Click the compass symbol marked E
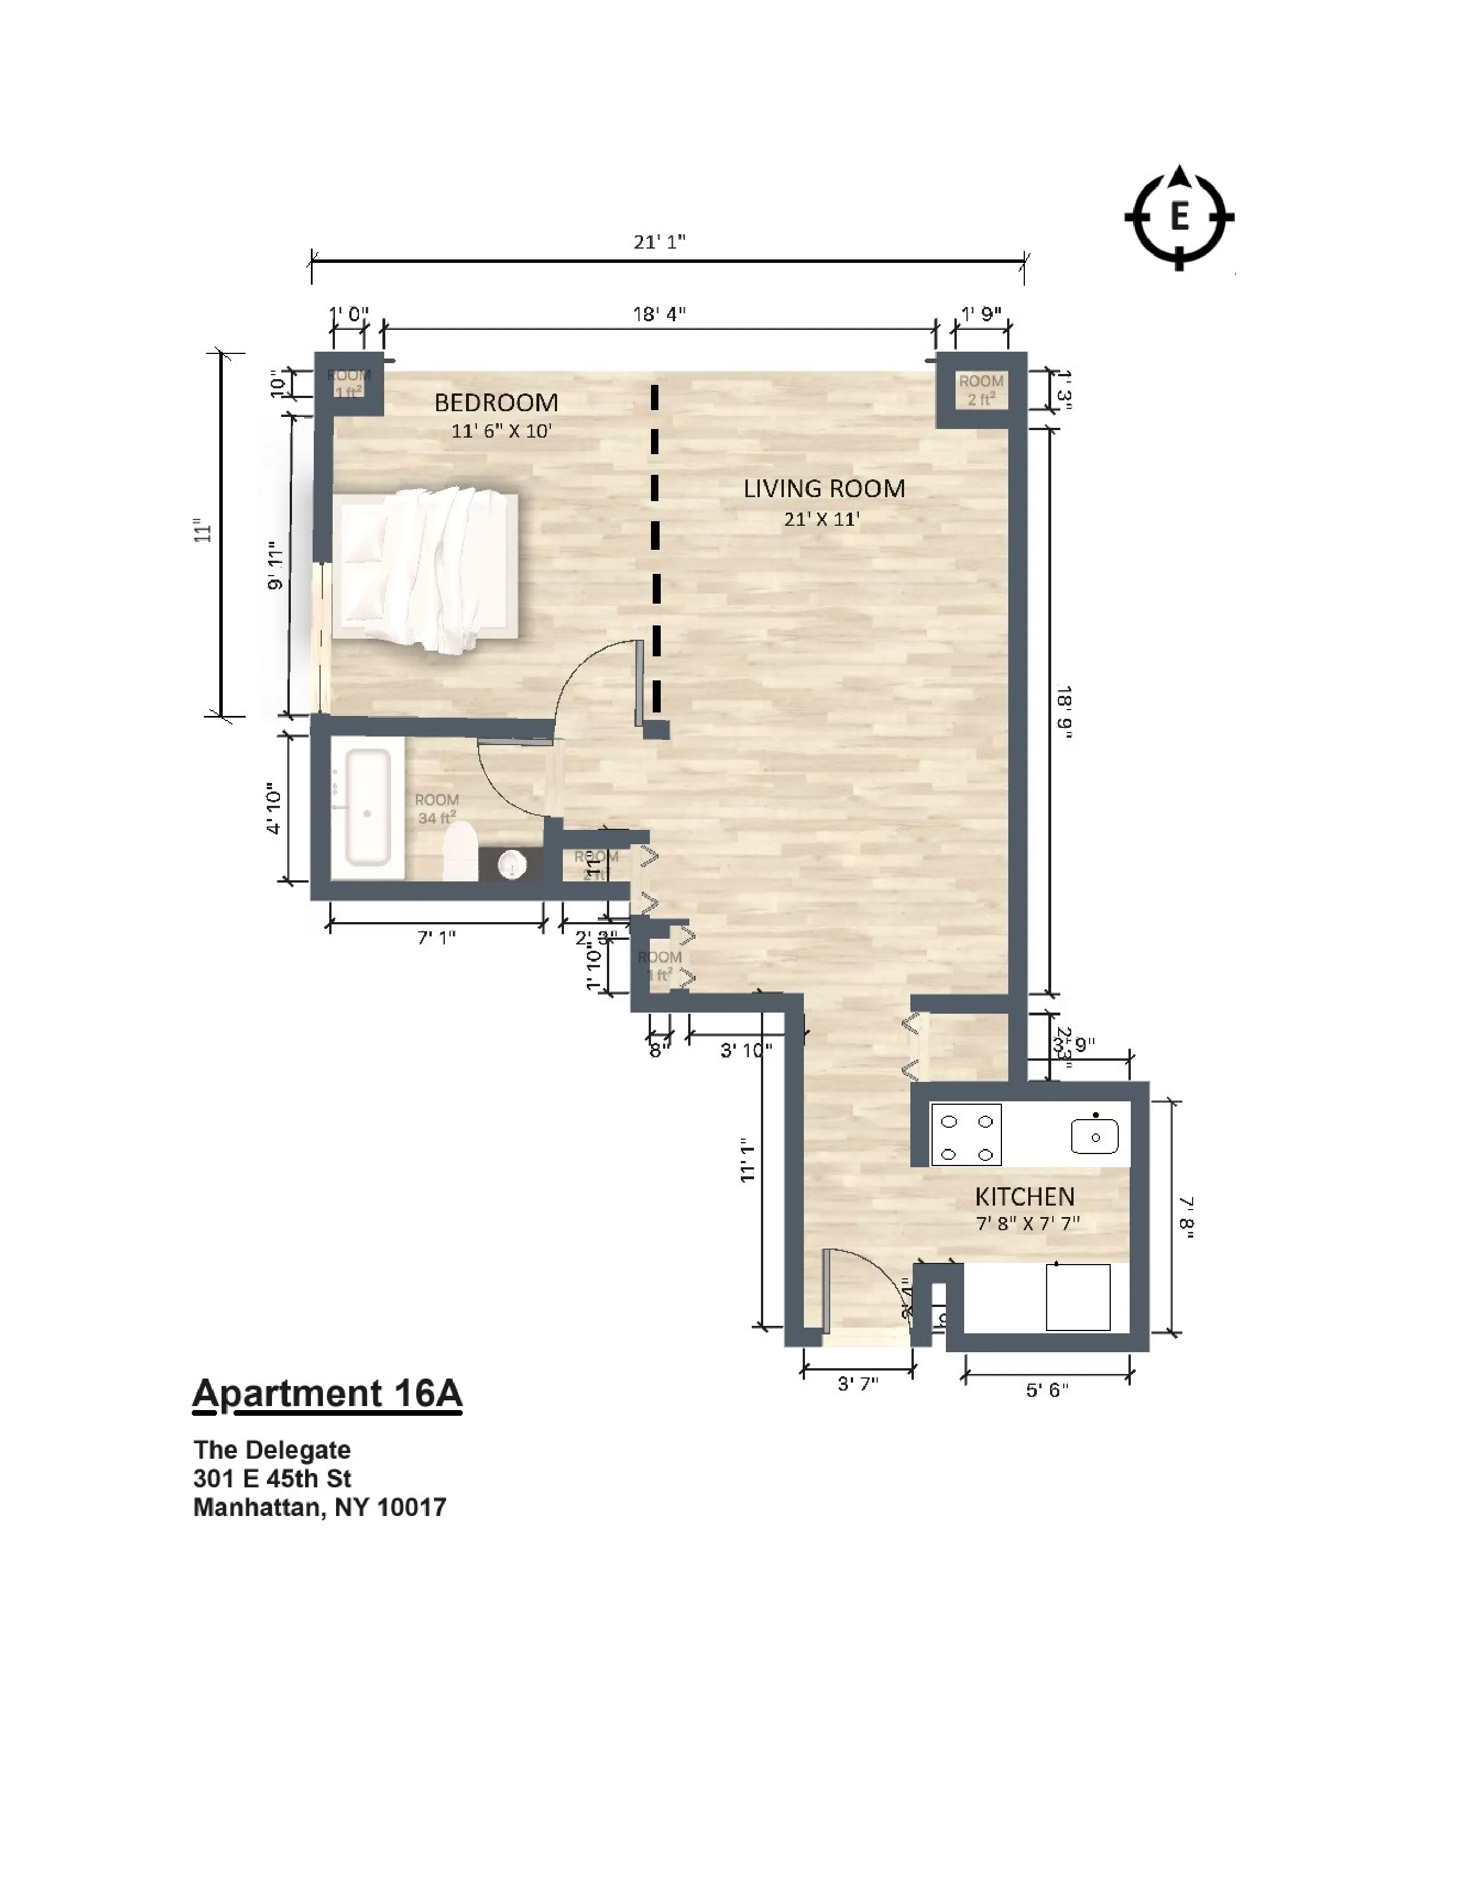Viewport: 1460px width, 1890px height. [1179, 217]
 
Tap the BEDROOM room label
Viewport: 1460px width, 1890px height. [496, 403]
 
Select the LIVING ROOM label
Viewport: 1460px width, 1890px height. [823, 489]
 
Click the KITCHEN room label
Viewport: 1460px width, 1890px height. [1024, 1197]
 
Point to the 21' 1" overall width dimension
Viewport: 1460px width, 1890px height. [659, 242]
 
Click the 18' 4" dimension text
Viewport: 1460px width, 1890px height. [659, 314]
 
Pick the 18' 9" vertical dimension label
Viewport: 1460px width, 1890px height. [1063, 712]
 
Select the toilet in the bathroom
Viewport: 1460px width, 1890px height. [460, 850]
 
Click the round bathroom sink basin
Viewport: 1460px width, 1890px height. [512, 864]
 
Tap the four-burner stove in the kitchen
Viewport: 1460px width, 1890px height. [966, 1135]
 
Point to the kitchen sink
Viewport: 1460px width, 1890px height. [1094, 1135]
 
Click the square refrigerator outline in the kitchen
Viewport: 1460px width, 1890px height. [1078, 1296]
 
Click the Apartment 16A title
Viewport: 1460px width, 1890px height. [327, 1394]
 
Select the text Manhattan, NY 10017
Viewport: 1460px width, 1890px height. [319, 1507]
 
